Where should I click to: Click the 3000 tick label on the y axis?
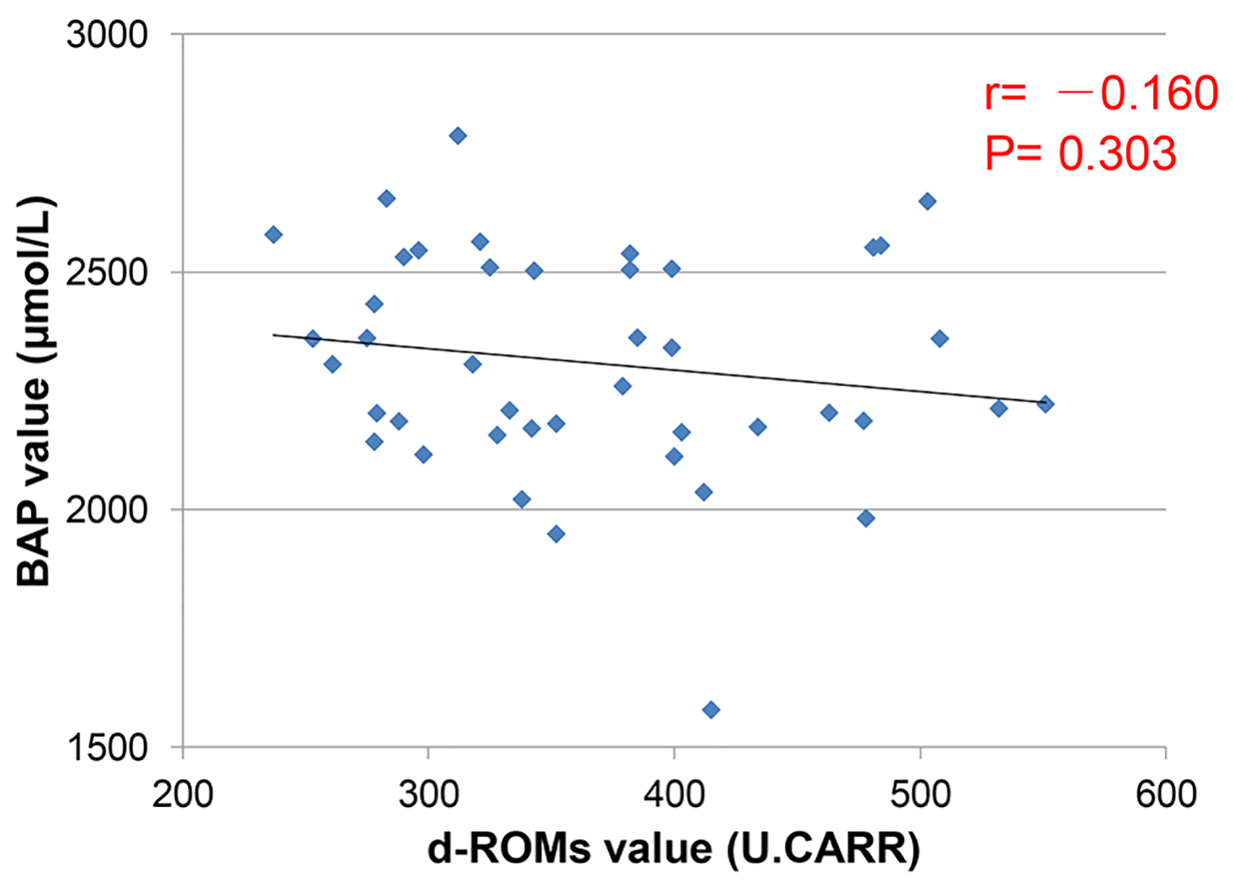(x=107, y=36)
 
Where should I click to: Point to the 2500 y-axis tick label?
(x=107, y=272)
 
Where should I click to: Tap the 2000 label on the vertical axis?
(x=107, y=510)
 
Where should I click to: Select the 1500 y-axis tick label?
(x=107, y=747)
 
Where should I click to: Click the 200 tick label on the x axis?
(x=183, y=794)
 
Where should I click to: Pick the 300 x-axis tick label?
(x=428, y=794)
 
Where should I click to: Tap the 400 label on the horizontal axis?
(x=674, y=794)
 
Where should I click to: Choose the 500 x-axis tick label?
(x=920, y=794)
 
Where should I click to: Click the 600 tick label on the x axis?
(x=1166, y=794)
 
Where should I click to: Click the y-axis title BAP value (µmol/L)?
(x=37, y=391)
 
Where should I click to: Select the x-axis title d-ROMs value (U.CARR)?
(x=673, y=848)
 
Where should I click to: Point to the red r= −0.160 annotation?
(x=1101, y=93)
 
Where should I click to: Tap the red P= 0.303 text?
(x=1081, y=154)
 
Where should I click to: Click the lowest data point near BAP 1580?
(x=711, y=710)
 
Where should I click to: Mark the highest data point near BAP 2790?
(x=458, y=136)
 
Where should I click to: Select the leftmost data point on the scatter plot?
(x=273, y=235)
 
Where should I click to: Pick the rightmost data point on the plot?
(x=1046, y=403)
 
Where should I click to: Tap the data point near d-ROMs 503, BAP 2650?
(x=928, y=202)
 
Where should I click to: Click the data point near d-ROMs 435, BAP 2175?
(x=758, y=426)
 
